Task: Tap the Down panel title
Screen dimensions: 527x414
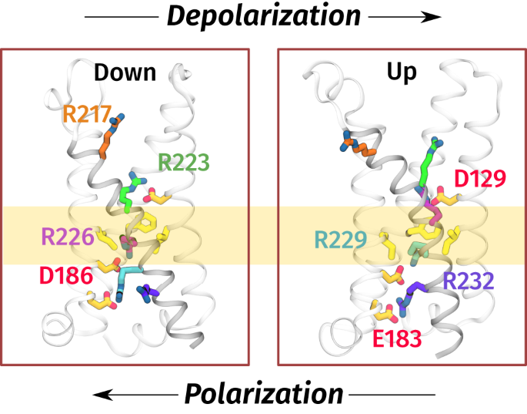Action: click(125, 72)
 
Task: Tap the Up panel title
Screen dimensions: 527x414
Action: click(402, 72)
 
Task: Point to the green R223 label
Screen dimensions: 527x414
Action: click(184, 162)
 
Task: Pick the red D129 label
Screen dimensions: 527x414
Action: click(479, 179)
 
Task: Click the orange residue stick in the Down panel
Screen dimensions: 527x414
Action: click(110, 140)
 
